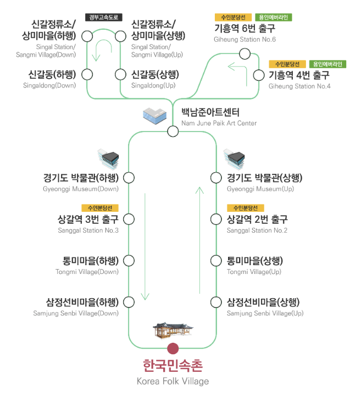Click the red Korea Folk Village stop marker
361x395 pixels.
(173, 348)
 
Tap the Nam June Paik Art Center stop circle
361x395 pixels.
(173, 131)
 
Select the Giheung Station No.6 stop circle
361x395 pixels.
(245, 53)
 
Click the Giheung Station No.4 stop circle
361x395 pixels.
(259, 75)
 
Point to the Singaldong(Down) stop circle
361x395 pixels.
(87, 74)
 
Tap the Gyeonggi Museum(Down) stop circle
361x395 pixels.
(129, 178)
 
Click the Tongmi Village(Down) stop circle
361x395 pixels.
(129, 260)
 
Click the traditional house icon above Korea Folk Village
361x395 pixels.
(173, 330)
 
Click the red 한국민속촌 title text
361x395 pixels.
(173, 366)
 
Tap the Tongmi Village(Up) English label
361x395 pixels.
(254, 272)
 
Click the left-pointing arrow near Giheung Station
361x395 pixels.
(238, 67)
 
